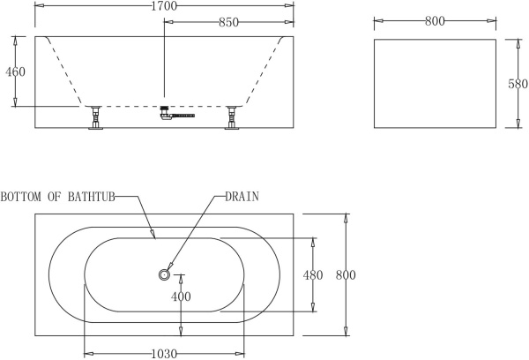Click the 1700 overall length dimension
click(x=164, y=7)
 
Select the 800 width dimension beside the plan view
click(x=346, y=275)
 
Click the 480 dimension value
click(x=313, y=275)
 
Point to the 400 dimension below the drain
click(x=181, y=297)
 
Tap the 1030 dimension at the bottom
click(x=164, y=354)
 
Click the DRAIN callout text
click(x=243, y=196)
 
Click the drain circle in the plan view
click(x=164, y=275)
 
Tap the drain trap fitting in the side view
click(x=164, y=112)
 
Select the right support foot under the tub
click(x=233, y=117)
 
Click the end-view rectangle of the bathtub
click(x=434, y=83)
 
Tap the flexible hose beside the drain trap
click(x=183, y=115)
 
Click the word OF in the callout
click(x=55, y=196)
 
